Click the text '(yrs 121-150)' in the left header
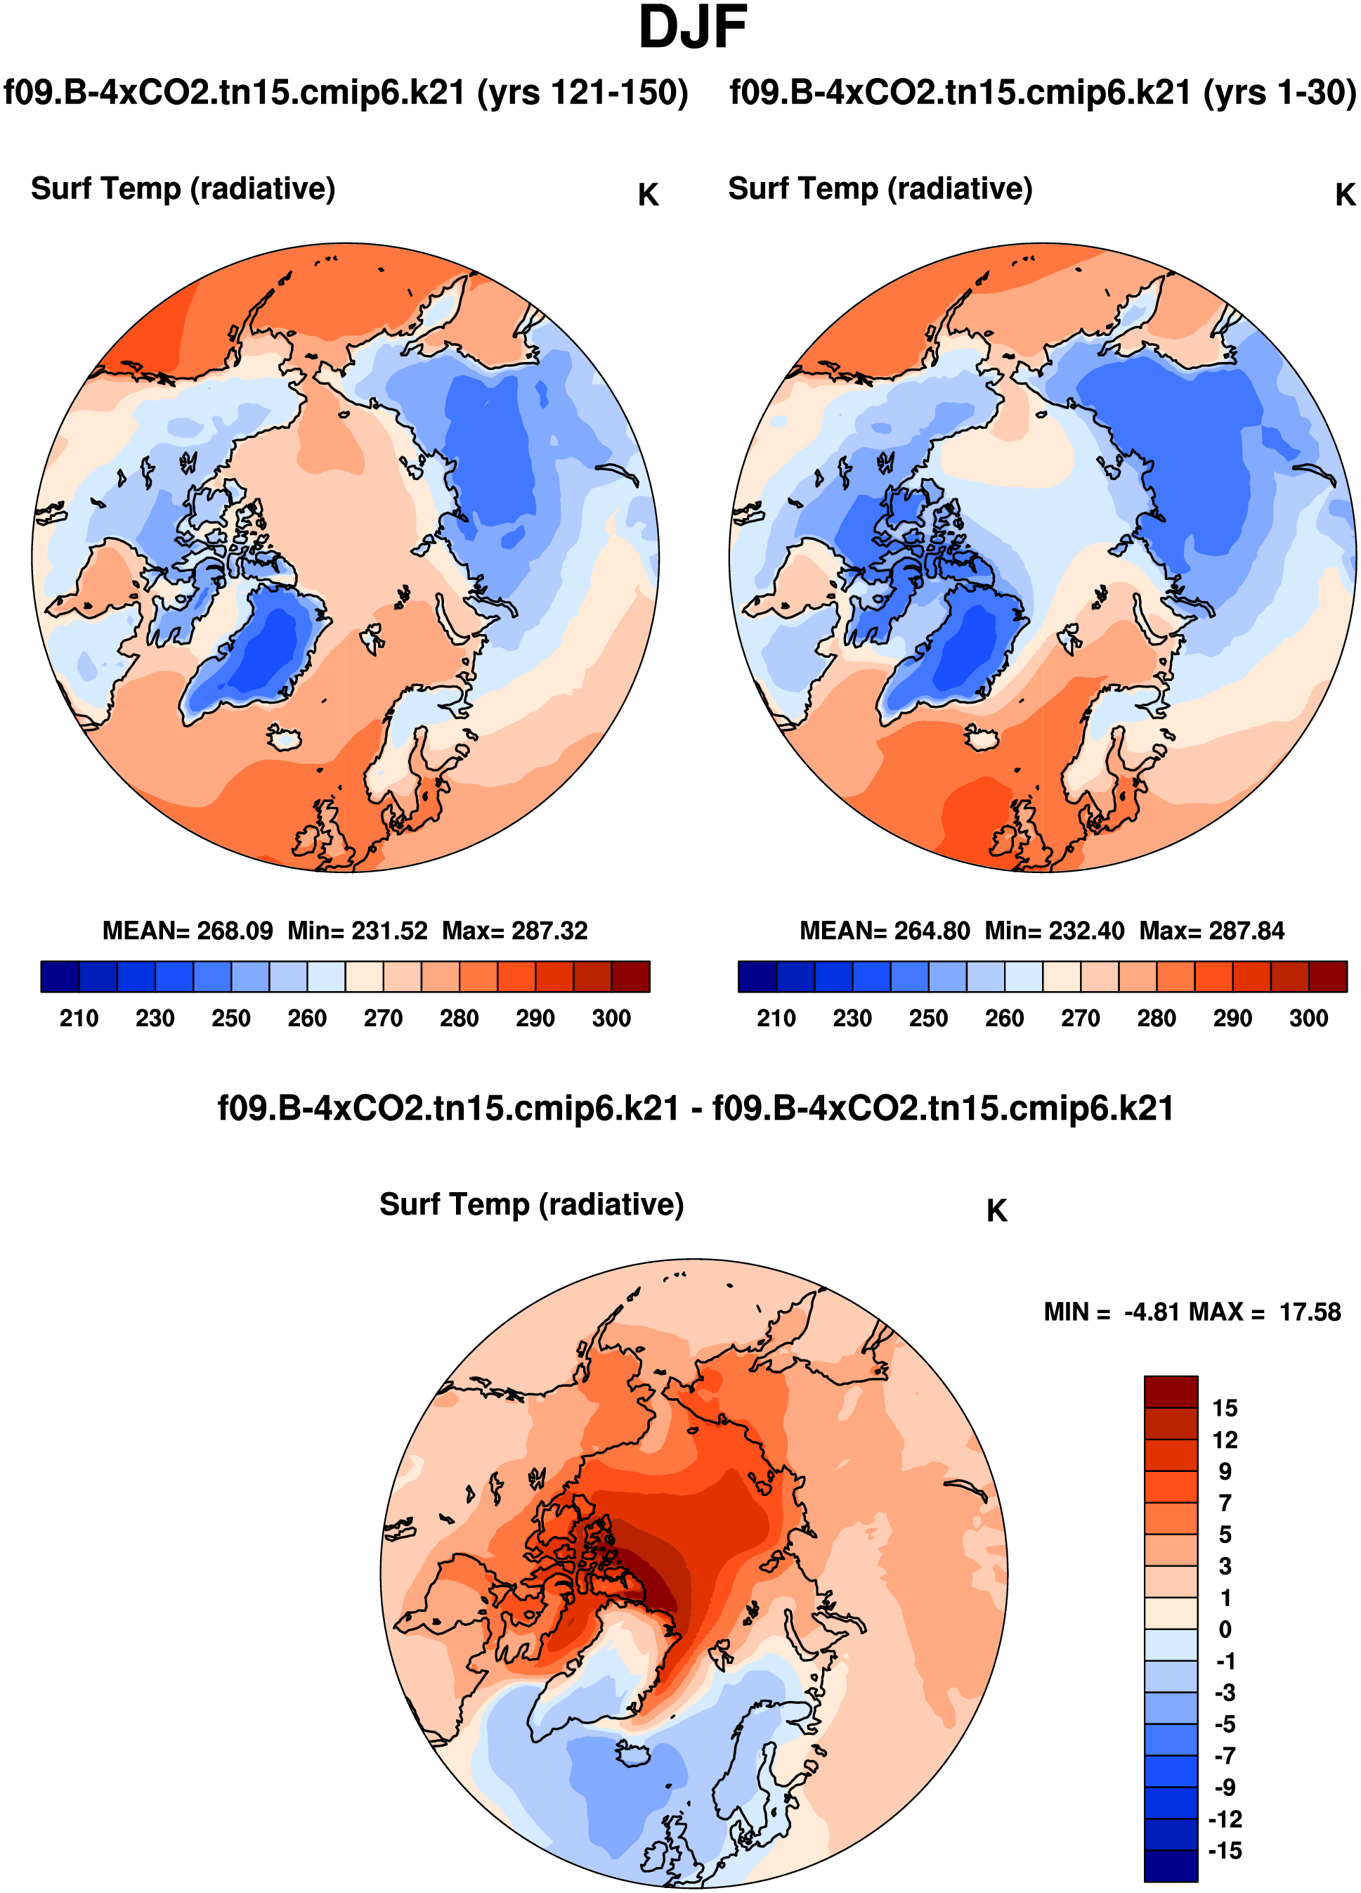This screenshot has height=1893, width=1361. coord(582,93)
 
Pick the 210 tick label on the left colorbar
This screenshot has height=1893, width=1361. coord(79,1019)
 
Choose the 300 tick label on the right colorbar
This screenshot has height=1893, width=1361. coord(1308,1019)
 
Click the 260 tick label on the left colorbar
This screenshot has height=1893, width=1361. coord(306,1019)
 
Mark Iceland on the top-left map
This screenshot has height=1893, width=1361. coord(284,737)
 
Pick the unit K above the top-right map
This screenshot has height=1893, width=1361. coord(1344,195)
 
